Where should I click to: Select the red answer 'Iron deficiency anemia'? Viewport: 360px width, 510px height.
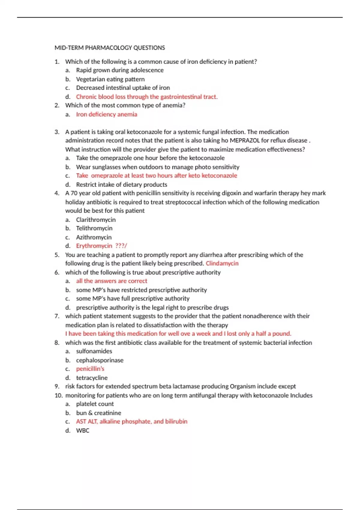106,114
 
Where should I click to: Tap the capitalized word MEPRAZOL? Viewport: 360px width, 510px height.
244,140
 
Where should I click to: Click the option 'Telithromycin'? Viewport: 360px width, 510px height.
94,228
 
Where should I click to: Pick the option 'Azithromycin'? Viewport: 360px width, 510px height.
94,237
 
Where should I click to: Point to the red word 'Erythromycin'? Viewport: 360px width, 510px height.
94,246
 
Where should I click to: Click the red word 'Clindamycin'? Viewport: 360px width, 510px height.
222,263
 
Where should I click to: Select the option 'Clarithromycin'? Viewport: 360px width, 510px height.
96,220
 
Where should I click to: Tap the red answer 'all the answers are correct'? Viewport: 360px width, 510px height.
112,281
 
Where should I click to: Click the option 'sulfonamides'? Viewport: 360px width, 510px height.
94,351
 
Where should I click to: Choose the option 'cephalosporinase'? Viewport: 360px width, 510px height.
100,360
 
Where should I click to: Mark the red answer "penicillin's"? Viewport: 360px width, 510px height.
90,369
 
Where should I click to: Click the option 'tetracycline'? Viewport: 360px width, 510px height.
91,378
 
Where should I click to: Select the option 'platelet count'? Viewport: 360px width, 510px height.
95,404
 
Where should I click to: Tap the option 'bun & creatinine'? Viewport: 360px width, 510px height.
98,413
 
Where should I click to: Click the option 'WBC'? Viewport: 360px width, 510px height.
82,430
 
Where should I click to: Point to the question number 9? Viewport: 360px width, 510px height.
57,386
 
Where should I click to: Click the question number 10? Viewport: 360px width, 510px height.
58,395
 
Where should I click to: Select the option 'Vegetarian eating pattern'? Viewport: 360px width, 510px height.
110,79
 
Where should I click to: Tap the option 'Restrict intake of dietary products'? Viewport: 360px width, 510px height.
121,184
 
